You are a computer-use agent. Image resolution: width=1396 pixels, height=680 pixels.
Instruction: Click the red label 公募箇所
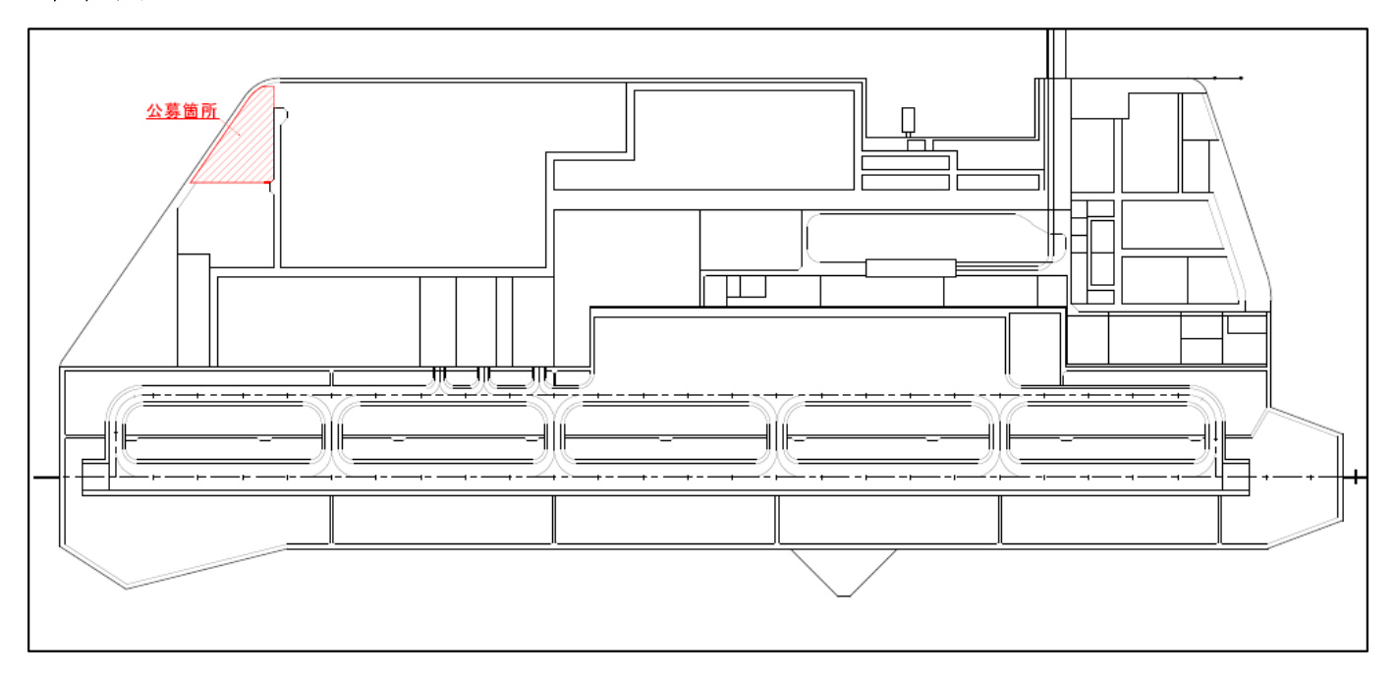[x=182, y=111]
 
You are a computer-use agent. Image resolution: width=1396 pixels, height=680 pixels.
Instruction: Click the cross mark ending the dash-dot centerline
[x=1356, y=478]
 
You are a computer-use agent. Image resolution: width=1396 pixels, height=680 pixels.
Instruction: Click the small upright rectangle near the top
[x=908, y=120]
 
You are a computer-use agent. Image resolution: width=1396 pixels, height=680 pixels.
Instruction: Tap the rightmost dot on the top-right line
[x=1241, y=78]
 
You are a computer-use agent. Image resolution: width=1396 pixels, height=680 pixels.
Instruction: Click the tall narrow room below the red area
[x=194, y=311]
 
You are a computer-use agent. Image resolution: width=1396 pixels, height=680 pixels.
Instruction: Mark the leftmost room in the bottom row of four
[x=442, y=520]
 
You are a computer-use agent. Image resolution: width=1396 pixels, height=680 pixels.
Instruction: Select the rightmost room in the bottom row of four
[x=1110, y=520]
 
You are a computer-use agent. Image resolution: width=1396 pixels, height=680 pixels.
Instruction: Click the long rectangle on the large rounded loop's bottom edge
[x=911, y=268]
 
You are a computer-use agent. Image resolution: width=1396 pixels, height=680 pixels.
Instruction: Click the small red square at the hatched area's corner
[x=268, y=182]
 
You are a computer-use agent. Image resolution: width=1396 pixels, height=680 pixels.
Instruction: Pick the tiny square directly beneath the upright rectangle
[x=916, y=145]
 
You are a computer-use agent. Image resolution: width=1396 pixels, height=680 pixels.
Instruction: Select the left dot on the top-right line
[x=1214, y=78]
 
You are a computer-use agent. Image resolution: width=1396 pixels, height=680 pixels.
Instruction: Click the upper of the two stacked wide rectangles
[x=906, y=163]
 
